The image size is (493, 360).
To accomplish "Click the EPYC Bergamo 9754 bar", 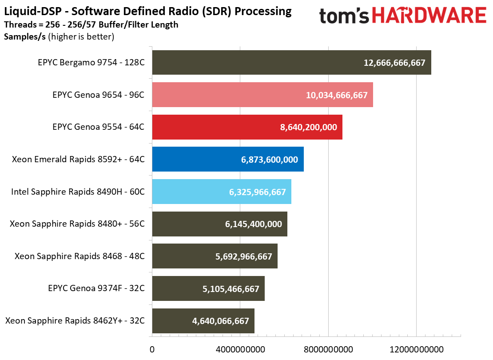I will (x=291, y=63).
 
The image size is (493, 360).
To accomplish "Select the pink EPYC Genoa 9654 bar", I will (x=262, y=95).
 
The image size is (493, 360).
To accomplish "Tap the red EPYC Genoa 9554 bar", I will (x=247, y=127).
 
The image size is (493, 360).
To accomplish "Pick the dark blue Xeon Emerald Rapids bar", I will (x=227, y=159).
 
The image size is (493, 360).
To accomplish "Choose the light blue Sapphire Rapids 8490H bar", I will (x=221, y=192).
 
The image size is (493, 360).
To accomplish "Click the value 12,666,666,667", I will (x=394, y=63).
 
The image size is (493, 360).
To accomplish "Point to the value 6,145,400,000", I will (x=253, y=224).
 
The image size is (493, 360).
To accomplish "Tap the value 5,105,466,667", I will (x=231, y=288).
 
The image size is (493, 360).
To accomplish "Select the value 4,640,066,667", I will (x=220, y=321).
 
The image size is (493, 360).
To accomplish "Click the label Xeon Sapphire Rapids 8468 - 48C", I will (x=80, y=256).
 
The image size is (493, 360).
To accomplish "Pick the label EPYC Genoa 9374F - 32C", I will (x=96, y=288).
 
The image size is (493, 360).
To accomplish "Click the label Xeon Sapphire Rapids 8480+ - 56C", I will (x=77, y=224).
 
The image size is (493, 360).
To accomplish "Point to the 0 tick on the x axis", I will (x=152, y=349).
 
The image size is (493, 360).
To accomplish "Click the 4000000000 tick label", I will (x=240, y=349).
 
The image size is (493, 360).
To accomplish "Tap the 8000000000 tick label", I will (x=328, y=349).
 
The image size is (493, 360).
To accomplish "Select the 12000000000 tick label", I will (x=416, y=349).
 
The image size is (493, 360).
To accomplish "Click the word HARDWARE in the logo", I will (x=429, y=16).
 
